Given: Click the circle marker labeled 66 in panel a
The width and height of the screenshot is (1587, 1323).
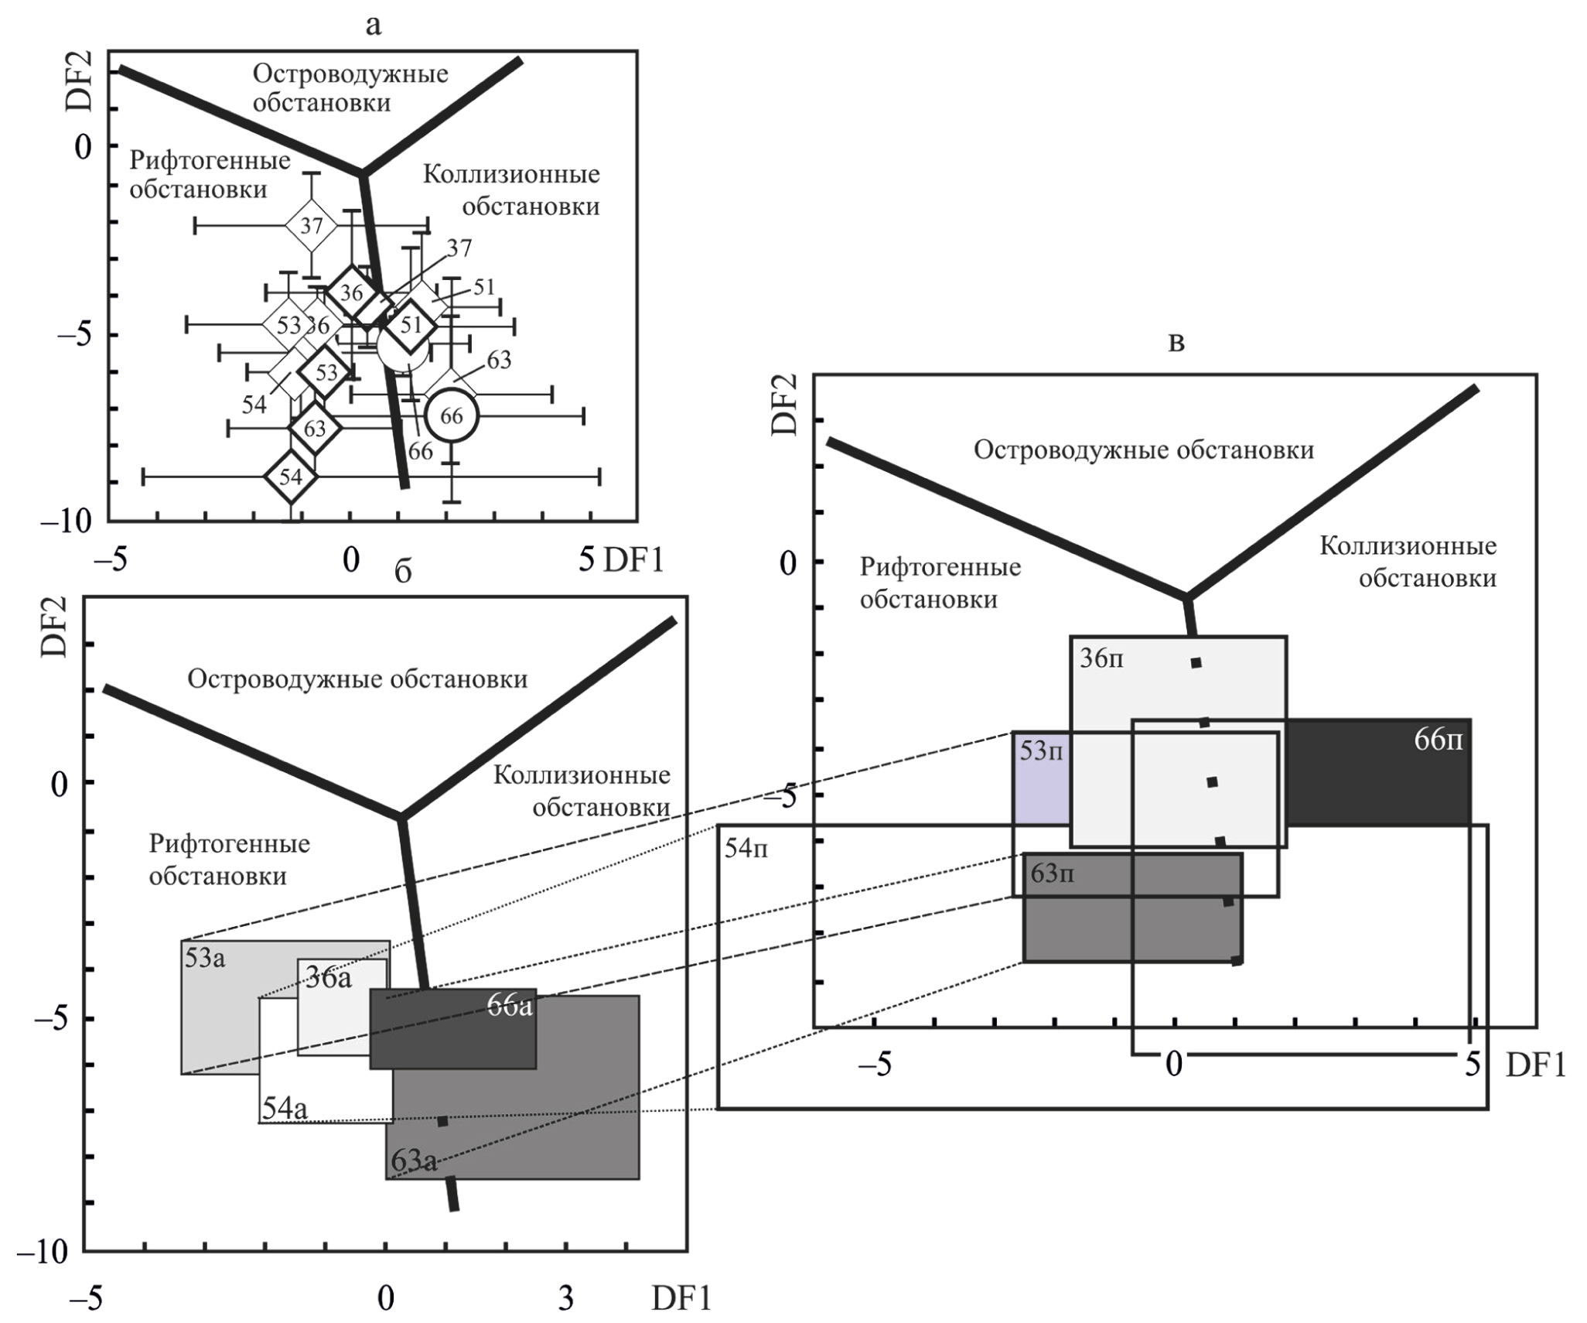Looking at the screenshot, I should tap(452, 416).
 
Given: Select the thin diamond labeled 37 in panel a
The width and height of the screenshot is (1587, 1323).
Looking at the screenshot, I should tap(311, 226).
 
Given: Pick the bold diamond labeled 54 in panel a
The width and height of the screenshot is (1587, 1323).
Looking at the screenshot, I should tap(291, 477).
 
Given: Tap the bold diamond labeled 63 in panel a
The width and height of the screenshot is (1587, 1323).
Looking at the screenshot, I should tap(315, 428).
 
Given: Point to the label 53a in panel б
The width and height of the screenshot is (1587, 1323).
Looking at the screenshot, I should tap(205, 959).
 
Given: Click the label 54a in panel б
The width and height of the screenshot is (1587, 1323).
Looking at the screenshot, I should tap(284, 1108).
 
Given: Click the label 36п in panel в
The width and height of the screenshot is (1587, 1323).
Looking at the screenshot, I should tap(1101, 659).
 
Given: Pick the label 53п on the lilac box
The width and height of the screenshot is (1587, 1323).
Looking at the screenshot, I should tap(1041, 750).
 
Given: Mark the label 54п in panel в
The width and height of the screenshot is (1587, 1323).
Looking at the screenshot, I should tap(746, 848).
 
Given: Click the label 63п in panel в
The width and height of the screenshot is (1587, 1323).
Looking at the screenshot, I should tap(1052, 874).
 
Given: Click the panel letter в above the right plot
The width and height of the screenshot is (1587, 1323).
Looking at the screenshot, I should tap(1176, 343).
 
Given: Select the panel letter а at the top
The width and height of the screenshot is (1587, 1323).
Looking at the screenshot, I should tap(374, 26).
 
